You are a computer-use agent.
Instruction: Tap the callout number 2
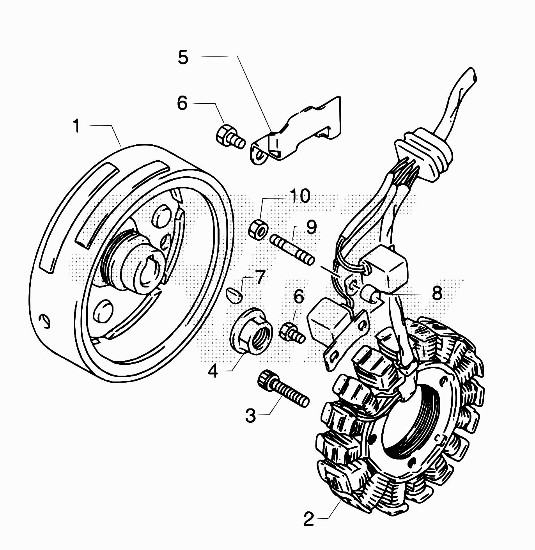click(x=309, y=519)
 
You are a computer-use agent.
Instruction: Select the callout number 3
click(x=251, y=415)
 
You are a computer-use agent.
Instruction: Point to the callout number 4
click(x=213, y=371)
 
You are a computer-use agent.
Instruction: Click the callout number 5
click(x=183, y=57)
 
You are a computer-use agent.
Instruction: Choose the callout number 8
click(x=437, y=293)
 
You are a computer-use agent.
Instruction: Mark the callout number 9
click(x=311, y=227)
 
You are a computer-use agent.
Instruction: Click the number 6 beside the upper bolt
click(x=182, y=103)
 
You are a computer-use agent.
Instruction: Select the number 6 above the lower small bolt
click(x=298, y=297)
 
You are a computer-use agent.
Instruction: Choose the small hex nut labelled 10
click(x=258, y=228)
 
